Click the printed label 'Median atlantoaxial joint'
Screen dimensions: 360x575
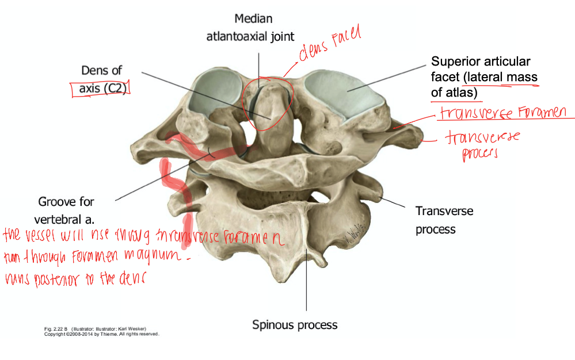coord(250,28)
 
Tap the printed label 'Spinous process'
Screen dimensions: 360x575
coord(295,325)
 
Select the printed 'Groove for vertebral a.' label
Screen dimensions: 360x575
coord(66,210)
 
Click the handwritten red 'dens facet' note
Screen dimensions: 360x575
coord(329,44)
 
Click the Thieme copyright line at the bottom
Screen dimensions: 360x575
coord(101,334)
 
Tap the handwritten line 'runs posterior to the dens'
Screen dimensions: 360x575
coord(75,279)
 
